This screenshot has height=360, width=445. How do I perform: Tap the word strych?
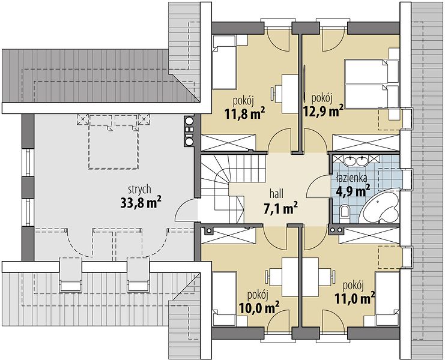(139, 190)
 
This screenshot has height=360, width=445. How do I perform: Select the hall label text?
(276, 194)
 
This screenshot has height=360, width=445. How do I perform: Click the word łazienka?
(351, 178)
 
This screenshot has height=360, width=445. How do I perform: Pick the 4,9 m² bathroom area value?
(353, 190)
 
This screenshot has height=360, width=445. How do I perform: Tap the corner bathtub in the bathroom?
(380, 206)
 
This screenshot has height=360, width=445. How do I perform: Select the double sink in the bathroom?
(356, 160)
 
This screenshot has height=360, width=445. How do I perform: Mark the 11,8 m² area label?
(245, 113)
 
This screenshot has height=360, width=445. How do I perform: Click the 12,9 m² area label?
(324, 111)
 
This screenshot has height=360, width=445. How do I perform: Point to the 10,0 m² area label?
(259, 308)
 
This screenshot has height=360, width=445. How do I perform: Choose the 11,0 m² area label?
(355, 298)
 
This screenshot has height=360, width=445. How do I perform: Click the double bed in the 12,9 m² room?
(372, 83)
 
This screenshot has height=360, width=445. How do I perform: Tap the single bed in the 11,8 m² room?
(224, 62)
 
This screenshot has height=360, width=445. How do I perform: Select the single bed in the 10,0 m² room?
(224, 298)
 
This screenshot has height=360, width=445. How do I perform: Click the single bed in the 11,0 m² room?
(387, 298)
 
